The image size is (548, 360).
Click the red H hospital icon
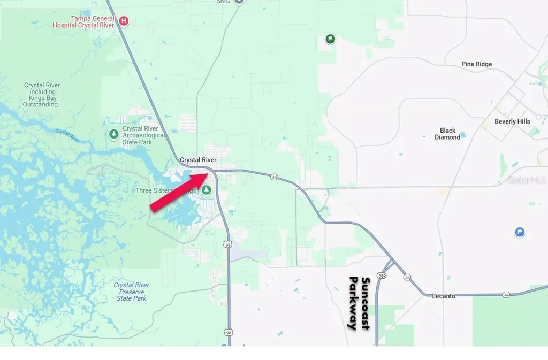124,21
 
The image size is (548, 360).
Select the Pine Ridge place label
476,64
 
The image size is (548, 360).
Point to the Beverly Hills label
512,121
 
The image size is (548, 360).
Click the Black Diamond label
447,134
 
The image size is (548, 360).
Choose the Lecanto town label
444,296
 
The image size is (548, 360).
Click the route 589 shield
381,275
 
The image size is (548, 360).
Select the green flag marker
331,39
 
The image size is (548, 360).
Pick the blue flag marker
519,232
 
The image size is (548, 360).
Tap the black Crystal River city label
198,160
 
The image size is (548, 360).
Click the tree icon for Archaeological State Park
113,134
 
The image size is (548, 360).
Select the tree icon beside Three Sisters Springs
205,190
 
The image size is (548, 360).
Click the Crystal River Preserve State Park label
131,292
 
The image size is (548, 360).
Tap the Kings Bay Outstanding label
42,95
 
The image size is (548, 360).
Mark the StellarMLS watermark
528,180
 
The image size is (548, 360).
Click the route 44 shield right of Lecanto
506,295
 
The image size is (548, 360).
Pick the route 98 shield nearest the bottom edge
229,332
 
